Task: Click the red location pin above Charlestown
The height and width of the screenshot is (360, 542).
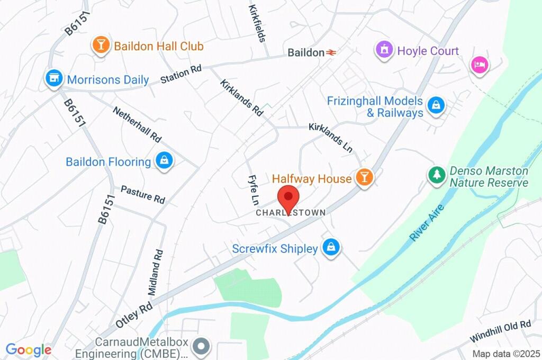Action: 288,198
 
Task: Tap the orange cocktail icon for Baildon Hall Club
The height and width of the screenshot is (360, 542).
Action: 100,46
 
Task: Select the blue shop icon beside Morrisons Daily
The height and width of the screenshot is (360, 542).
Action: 53,79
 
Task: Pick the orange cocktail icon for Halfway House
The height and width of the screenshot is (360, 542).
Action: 364,178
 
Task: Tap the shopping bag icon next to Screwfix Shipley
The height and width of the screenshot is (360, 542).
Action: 331,248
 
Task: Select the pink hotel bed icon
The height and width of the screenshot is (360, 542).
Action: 480,65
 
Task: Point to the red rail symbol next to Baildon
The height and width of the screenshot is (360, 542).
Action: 332,52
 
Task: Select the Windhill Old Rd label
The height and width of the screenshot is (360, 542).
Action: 500,331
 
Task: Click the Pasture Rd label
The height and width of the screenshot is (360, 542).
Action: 142,194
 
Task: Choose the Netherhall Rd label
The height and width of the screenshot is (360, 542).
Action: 137,123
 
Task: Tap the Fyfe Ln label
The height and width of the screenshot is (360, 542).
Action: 253,190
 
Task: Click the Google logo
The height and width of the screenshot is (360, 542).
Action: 28,350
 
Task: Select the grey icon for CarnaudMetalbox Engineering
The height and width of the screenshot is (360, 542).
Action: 202,347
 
